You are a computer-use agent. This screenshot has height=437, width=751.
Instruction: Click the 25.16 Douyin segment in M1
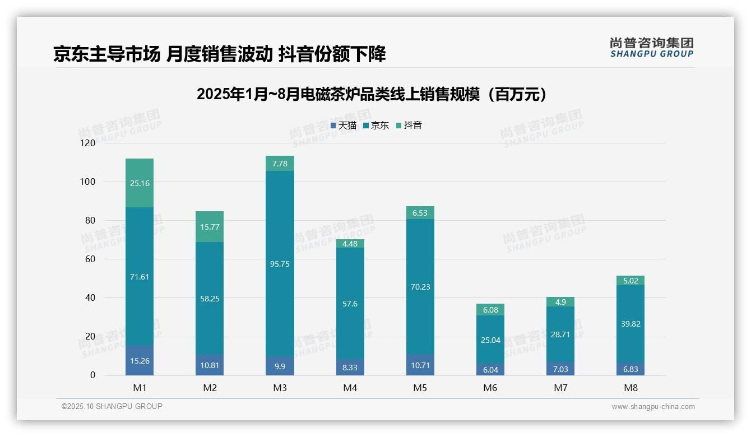[140, 183]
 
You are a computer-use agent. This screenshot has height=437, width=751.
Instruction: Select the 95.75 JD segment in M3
[280, 264]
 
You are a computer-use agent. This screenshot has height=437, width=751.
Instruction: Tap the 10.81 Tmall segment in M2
[210, 365]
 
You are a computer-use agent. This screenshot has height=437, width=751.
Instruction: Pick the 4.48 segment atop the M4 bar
[350, 243]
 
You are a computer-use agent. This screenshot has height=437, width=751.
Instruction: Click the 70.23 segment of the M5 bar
[420, 287]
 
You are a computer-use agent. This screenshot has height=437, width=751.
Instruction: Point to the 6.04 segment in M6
[490, 370]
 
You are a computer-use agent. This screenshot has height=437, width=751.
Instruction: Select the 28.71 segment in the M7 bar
[560, 334]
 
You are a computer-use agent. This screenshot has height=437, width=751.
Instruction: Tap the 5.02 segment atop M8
[630, 281]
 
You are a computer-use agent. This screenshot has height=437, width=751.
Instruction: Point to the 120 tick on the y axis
[88, 143]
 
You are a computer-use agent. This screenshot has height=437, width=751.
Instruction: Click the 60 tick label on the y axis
[90, 259]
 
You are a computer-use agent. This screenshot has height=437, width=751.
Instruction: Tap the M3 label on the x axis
[280, 388]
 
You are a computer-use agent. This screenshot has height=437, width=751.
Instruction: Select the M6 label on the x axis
[490, 388]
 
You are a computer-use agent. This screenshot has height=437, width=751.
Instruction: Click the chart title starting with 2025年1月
[372, 94]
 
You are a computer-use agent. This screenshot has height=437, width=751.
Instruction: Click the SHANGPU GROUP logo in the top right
[651, 48]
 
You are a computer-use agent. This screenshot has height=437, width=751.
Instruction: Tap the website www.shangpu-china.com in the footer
[653, 407]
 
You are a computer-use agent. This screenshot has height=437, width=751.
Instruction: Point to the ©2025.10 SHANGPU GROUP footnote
[112, 407]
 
